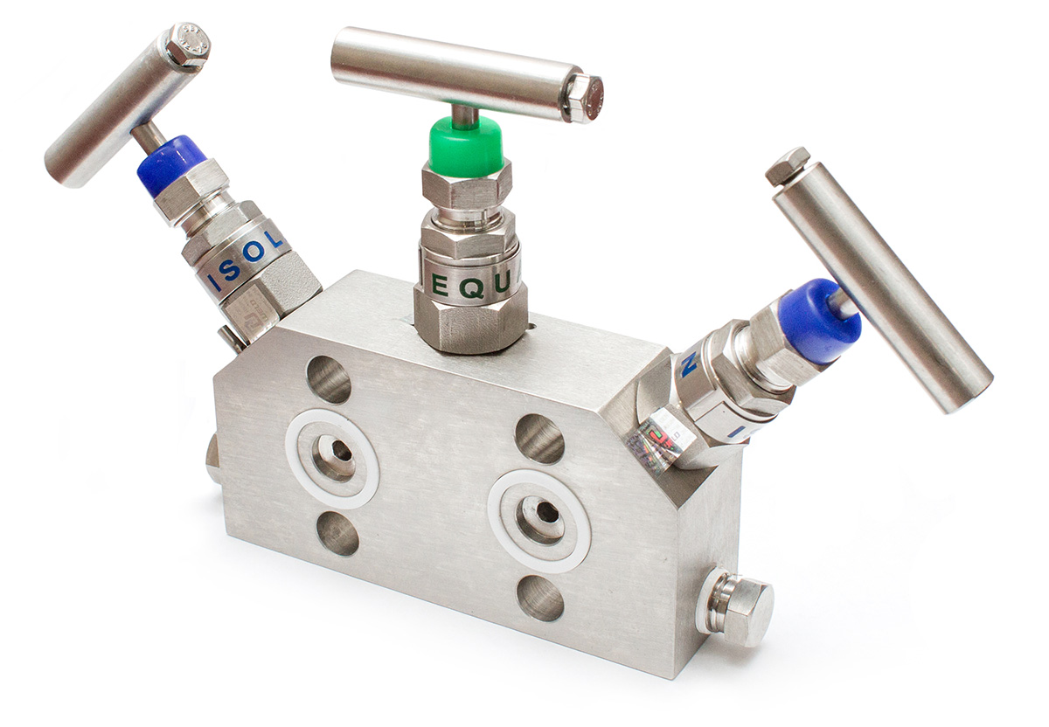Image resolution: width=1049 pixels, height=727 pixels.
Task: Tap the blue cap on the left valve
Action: (170, 164)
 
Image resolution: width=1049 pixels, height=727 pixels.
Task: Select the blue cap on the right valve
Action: (818, 322)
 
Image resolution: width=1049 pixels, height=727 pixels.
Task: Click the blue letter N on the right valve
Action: (689, 367)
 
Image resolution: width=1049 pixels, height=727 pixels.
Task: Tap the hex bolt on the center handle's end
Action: (583, 97)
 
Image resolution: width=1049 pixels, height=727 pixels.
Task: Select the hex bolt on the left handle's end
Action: (187, 45)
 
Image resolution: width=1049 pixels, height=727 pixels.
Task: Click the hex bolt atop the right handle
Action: (788, 166)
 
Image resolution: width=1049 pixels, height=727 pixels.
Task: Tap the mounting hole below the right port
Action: (540, 599)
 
